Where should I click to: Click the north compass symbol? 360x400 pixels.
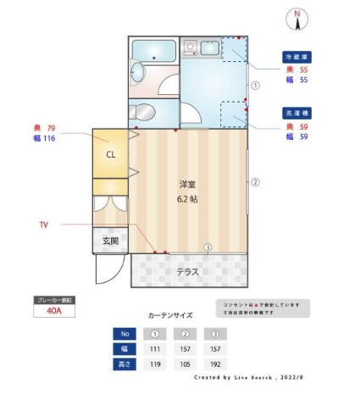[297, 15]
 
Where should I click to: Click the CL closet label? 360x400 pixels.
[110, 154]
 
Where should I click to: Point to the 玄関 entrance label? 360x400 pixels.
[110, 241]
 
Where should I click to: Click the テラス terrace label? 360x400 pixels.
[187, 272]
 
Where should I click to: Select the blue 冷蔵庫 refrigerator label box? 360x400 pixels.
[297, 58]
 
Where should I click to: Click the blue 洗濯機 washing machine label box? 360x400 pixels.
[297, 113]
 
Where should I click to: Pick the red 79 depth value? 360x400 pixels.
[50, 128]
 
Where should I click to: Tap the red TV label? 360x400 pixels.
[44, 225]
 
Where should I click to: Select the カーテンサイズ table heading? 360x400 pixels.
[169, 314]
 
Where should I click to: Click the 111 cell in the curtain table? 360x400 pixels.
[155, 348]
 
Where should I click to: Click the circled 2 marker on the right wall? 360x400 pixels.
[255, 181]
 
